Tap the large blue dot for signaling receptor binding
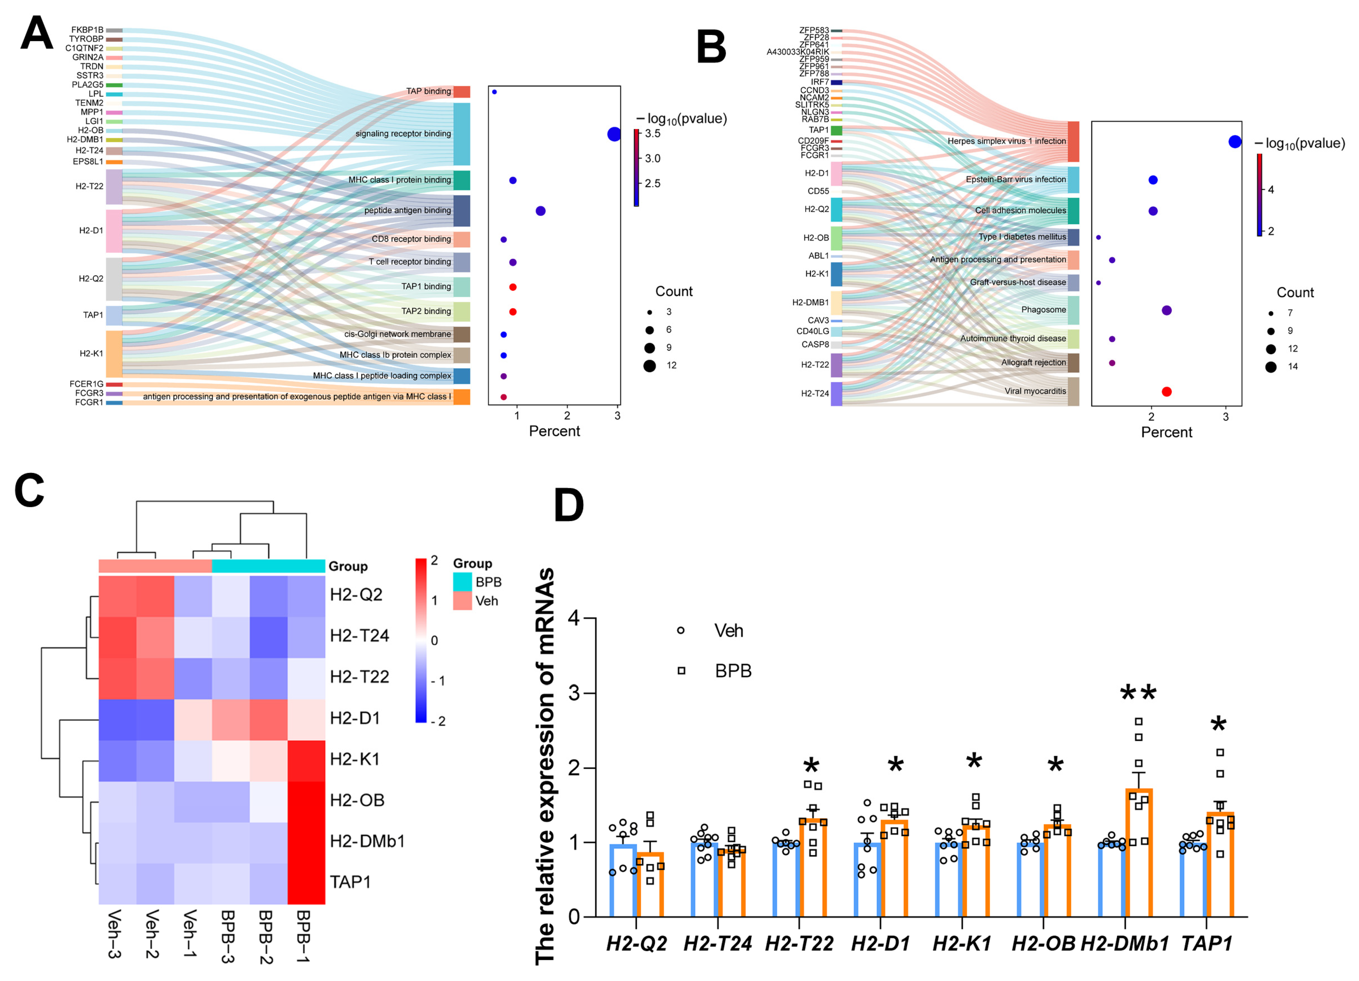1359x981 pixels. [614, 134]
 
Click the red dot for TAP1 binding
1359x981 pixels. [513, 287]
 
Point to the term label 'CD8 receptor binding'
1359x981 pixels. [411, 239]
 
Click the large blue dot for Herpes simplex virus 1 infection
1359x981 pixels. [1235, 142]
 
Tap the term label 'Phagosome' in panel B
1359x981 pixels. [1044, 310]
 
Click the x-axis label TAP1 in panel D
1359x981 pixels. [1207, 944]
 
